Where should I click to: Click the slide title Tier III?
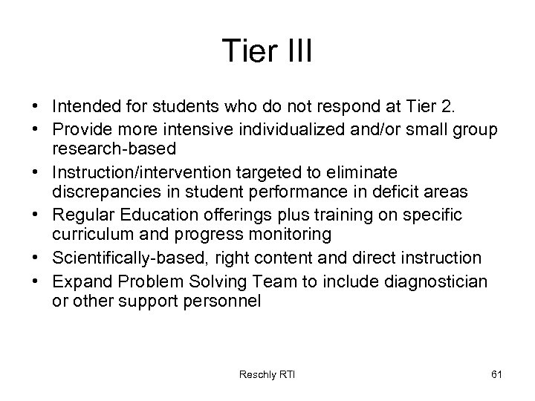click(x=267, y=52)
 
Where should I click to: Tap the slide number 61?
click(x=496, y=374)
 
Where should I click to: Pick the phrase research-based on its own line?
click(x=114, y=149)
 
